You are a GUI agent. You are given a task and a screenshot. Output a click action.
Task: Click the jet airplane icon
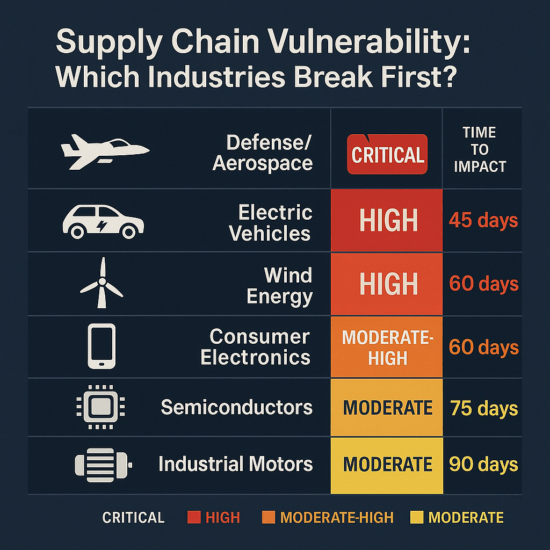click(105, 151)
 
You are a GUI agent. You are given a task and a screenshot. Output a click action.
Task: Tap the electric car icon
click(103, 222)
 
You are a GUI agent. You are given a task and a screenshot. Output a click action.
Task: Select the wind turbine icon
click(102, 283)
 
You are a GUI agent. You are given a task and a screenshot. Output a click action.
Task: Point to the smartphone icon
click(102, 346)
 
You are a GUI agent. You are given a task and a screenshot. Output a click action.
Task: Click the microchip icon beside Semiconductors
click(100, 407)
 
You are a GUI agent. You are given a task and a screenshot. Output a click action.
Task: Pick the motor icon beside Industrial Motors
click(104, 465)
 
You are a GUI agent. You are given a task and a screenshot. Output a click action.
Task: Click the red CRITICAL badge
click(387, 154)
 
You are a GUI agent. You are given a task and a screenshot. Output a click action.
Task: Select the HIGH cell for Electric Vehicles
click(387, 220)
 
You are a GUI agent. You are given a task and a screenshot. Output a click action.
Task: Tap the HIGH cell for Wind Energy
click(387, 284)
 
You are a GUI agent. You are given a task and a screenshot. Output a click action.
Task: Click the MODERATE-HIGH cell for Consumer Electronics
click(387, 347)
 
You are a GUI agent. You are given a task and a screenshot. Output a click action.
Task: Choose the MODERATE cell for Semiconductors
click(387, 408)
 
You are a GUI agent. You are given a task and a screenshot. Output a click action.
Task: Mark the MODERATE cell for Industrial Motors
click(387, 466)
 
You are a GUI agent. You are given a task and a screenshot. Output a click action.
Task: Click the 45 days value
click(483, 221)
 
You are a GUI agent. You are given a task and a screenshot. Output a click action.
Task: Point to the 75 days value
click(484, 409)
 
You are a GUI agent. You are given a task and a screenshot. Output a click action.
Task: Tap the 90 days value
click(483, 465)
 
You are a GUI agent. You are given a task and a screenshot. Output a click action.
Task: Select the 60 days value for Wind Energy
click(484, 284)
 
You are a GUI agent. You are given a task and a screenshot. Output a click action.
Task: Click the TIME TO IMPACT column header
click(480, 149)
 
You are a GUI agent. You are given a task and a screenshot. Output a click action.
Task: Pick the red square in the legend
click(194, 517)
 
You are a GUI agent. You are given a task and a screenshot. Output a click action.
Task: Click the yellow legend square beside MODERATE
click(417, 517)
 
